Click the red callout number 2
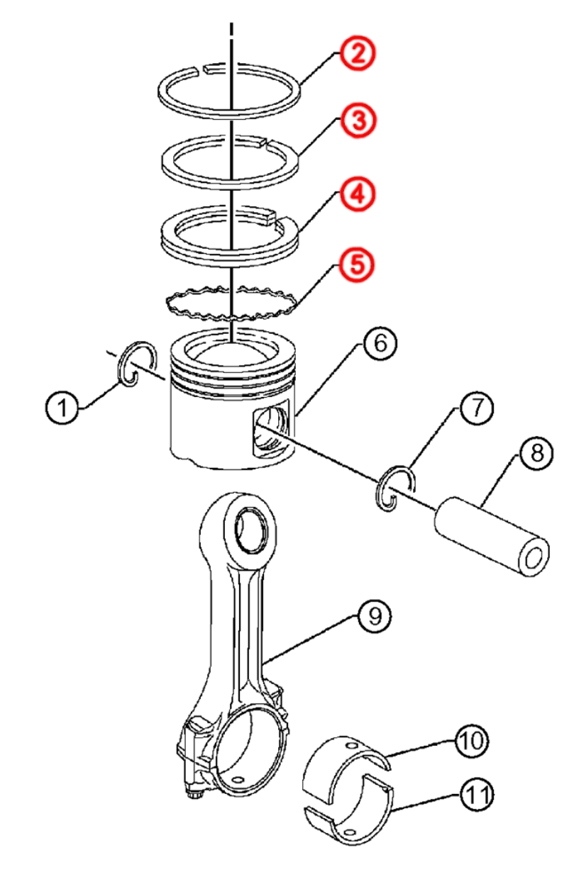pos(358,55)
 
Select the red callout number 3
pos(358,121)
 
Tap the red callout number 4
pos(358,194)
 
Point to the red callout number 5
pos(358,265)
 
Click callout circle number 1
pos(63,408)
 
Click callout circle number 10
pos(473,741)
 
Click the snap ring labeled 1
pos(136,365)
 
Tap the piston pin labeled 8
pos(490,535)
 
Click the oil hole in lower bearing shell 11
pos(348,830)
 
